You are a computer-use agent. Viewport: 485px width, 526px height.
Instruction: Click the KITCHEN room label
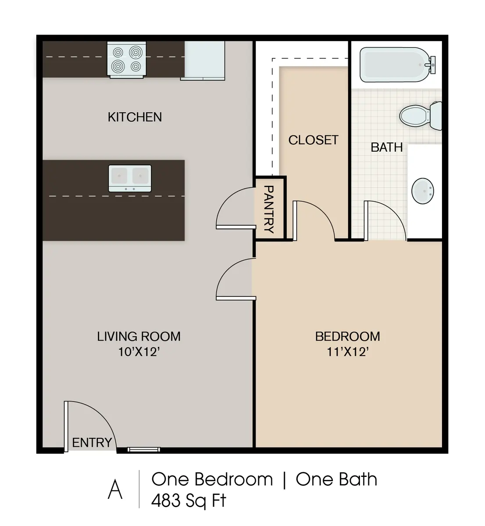(x=135, y=117)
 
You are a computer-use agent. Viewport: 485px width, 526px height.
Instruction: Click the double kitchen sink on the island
(x=130, y=178)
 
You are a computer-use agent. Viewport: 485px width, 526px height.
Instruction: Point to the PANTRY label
(x=269, y=209)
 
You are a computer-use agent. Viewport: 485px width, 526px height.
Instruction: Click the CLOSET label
(x=313, y=140)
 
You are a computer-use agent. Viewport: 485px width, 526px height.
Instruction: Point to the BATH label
(x=386, y=147)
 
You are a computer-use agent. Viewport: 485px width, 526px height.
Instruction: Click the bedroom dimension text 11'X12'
(x=347, y=352)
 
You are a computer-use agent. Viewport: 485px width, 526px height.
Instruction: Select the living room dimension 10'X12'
(x=138, y=352)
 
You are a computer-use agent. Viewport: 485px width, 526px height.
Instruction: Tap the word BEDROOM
(x=347, y=336)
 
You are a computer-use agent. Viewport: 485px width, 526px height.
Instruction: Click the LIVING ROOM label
(x=139, y=336)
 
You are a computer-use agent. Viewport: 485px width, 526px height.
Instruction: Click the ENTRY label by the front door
(x=92, y=443)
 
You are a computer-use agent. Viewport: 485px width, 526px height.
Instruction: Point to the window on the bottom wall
(x=144, y=449)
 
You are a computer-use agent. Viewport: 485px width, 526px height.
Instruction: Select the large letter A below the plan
(x=115, y=490)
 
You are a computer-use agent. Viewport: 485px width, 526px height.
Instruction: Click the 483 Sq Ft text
(x=189, y=501)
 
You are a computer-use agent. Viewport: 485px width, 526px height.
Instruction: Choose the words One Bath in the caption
(x=336, y=479)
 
